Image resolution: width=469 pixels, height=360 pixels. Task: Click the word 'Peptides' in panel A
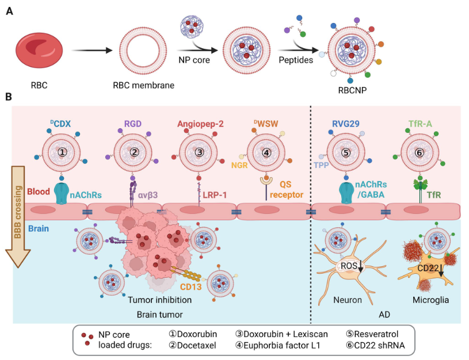click(x=295, y=60)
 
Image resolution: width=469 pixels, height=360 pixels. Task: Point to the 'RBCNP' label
click(x=351, y=90)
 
